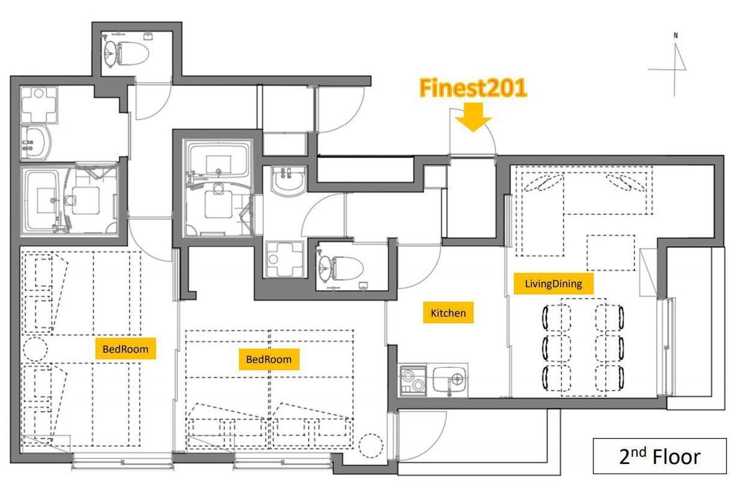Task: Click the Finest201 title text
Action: point(473,88)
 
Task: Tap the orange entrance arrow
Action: point(473,117)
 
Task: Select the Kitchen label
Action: point(448,312)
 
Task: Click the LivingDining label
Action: point(553,284)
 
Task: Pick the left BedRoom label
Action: point(125,349)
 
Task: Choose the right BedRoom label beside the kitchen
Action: point(269,359)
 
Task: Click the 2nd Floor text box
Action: point(660,456)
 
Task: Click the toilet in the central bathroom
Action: point(341,267)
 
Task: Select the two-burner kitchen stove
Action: point(413,380)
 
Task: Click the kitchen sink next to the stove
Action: point(449,380)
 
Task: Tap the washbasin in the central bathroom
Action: point(288,180)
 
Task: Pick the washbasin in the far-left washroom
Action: point(36,142)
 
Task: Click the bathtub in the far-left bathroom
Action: point(44,201)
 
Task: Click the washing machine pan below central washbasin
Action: point(285,259)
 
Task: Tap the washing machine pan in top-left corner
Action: point(39,104)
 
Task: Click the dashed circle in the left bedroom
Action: point(35,349)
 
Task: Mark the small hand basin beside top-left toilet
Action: point(148,36)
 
